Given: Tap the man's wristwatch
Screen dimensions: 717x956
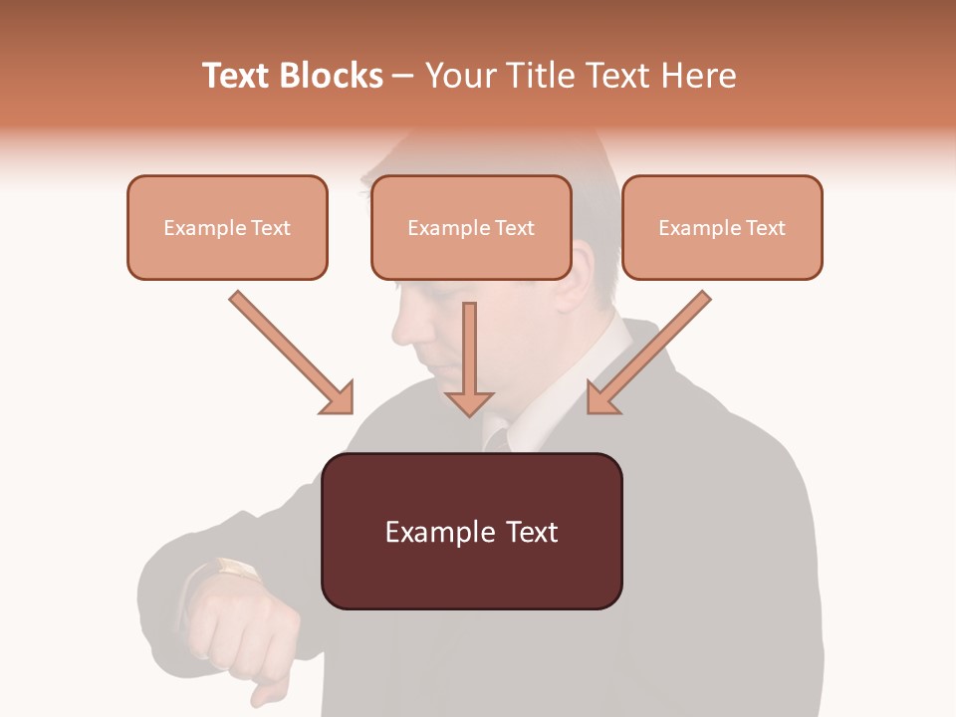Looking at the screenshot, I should (x=236, y=570).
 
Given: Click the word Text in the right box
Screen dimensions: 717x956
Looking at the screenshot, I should (x=765, y=227).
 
